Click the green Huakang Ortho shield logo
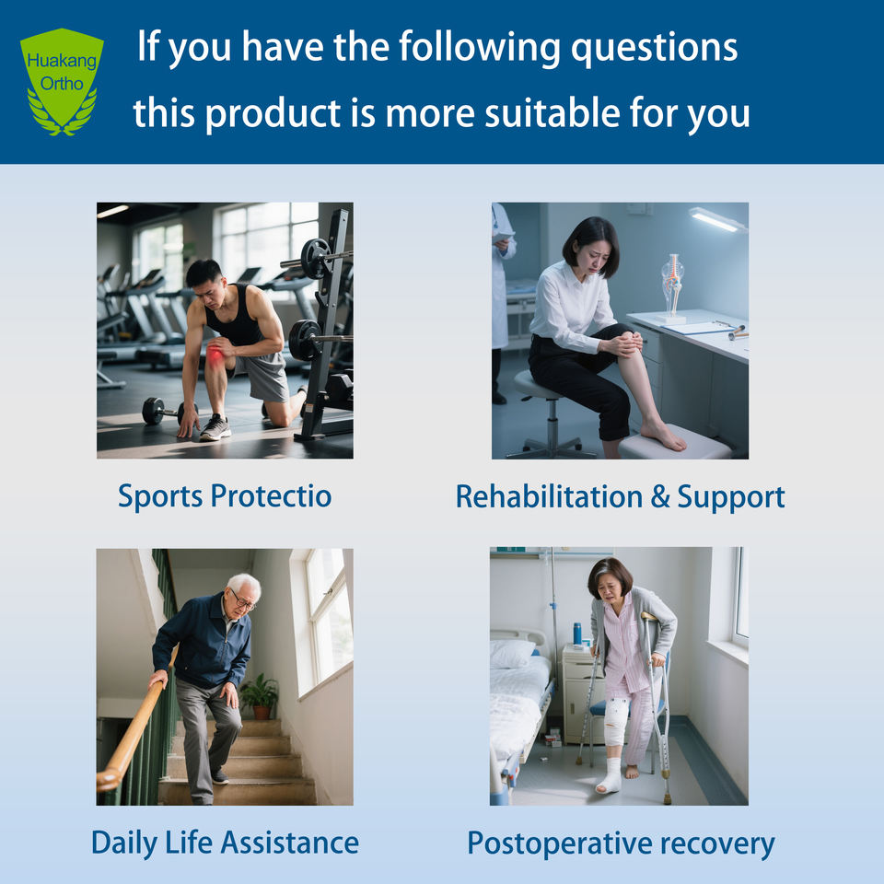point(62,82)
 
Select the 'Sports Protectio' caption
point(225,496)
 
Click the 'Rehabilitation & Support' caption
point(620,496)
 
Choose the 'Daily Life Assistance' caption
point(225,843)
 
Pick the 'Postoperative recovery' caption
point(621,844)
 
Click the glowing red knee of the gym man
point(215,355)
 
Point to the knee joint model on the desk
point(672,286)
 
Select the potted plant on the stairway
point(260,696)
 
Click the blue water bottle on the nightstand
point(577,634)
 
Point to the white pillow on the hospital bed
point(512,653)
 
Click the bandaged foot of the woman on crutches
point(610,777)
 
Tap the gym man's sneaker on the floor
point(215,428)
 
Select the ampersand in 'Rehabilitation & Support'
point(659,496)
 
